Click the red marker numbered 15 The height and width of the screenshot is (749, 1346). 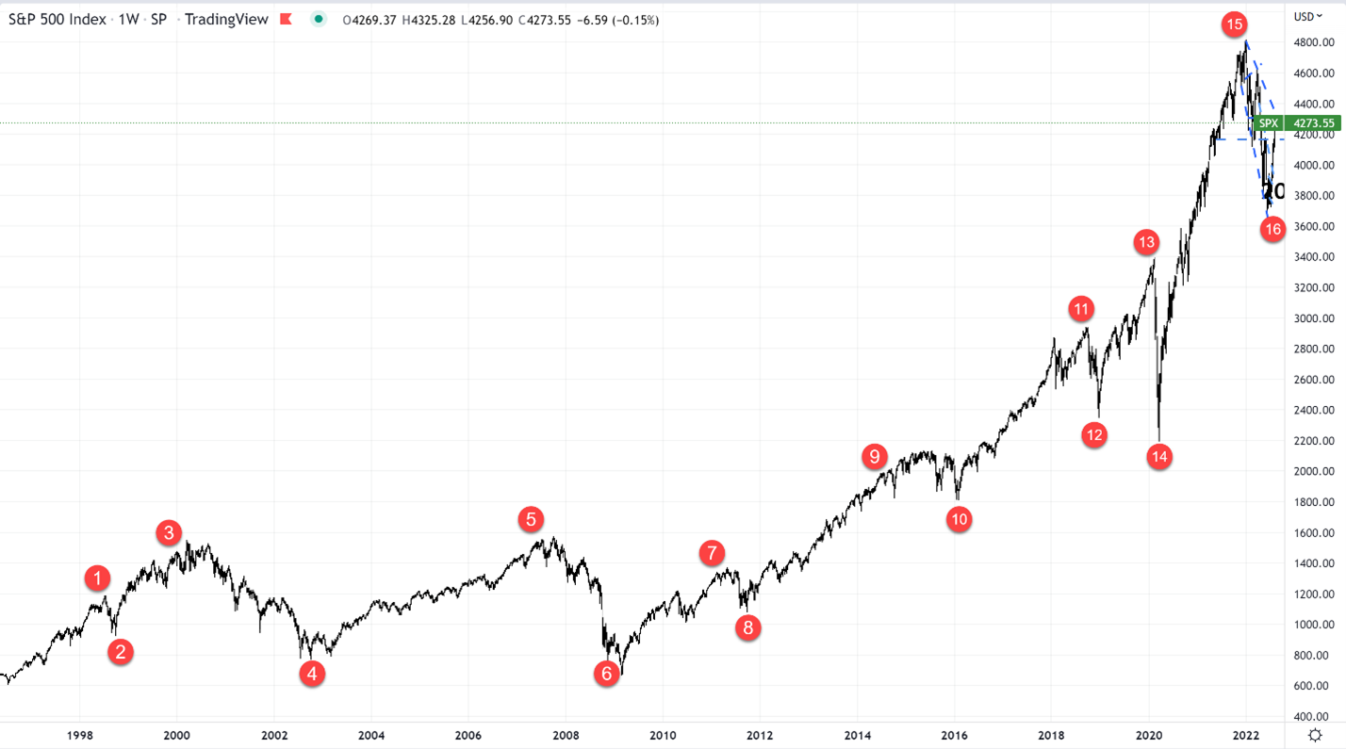pos(1234,24)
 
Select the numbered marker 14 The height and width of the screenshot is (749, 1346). pos(1158,457)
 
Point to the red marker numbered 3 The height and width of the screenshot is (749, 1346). pos(169,533)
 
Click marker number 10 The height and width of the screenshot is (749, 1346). pos(959,518)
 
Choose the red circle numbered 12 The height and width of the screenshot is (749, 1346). pos(1093,434)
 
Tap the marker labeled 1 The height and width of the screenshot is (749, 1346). pos(97,578)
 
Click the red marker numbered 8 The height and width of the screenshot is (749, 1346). pos(748,628)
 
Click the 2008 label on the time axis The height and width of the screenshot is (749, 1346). pos(566,736)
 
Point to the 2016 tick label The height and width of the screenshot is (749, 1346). pos(955,736)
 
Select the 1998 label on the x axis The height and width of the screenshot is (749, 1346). pos(80,736)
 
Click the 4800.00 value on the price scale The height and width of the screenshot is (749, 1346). pos(1313,42)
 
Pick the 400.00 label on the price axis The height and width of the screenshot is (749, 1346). pos(1313,716)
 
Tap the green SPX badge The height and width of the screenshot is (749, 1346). pos(1269,122)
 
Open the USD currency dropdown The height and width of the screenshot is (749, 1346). pos(1308,16)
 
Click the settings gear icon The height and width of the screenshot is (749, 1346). pos(1315,736)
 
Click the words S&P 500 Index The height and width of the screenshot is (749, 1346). pos(57,20)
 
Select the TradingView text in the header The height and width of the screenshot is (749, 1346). pos(227,20)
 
